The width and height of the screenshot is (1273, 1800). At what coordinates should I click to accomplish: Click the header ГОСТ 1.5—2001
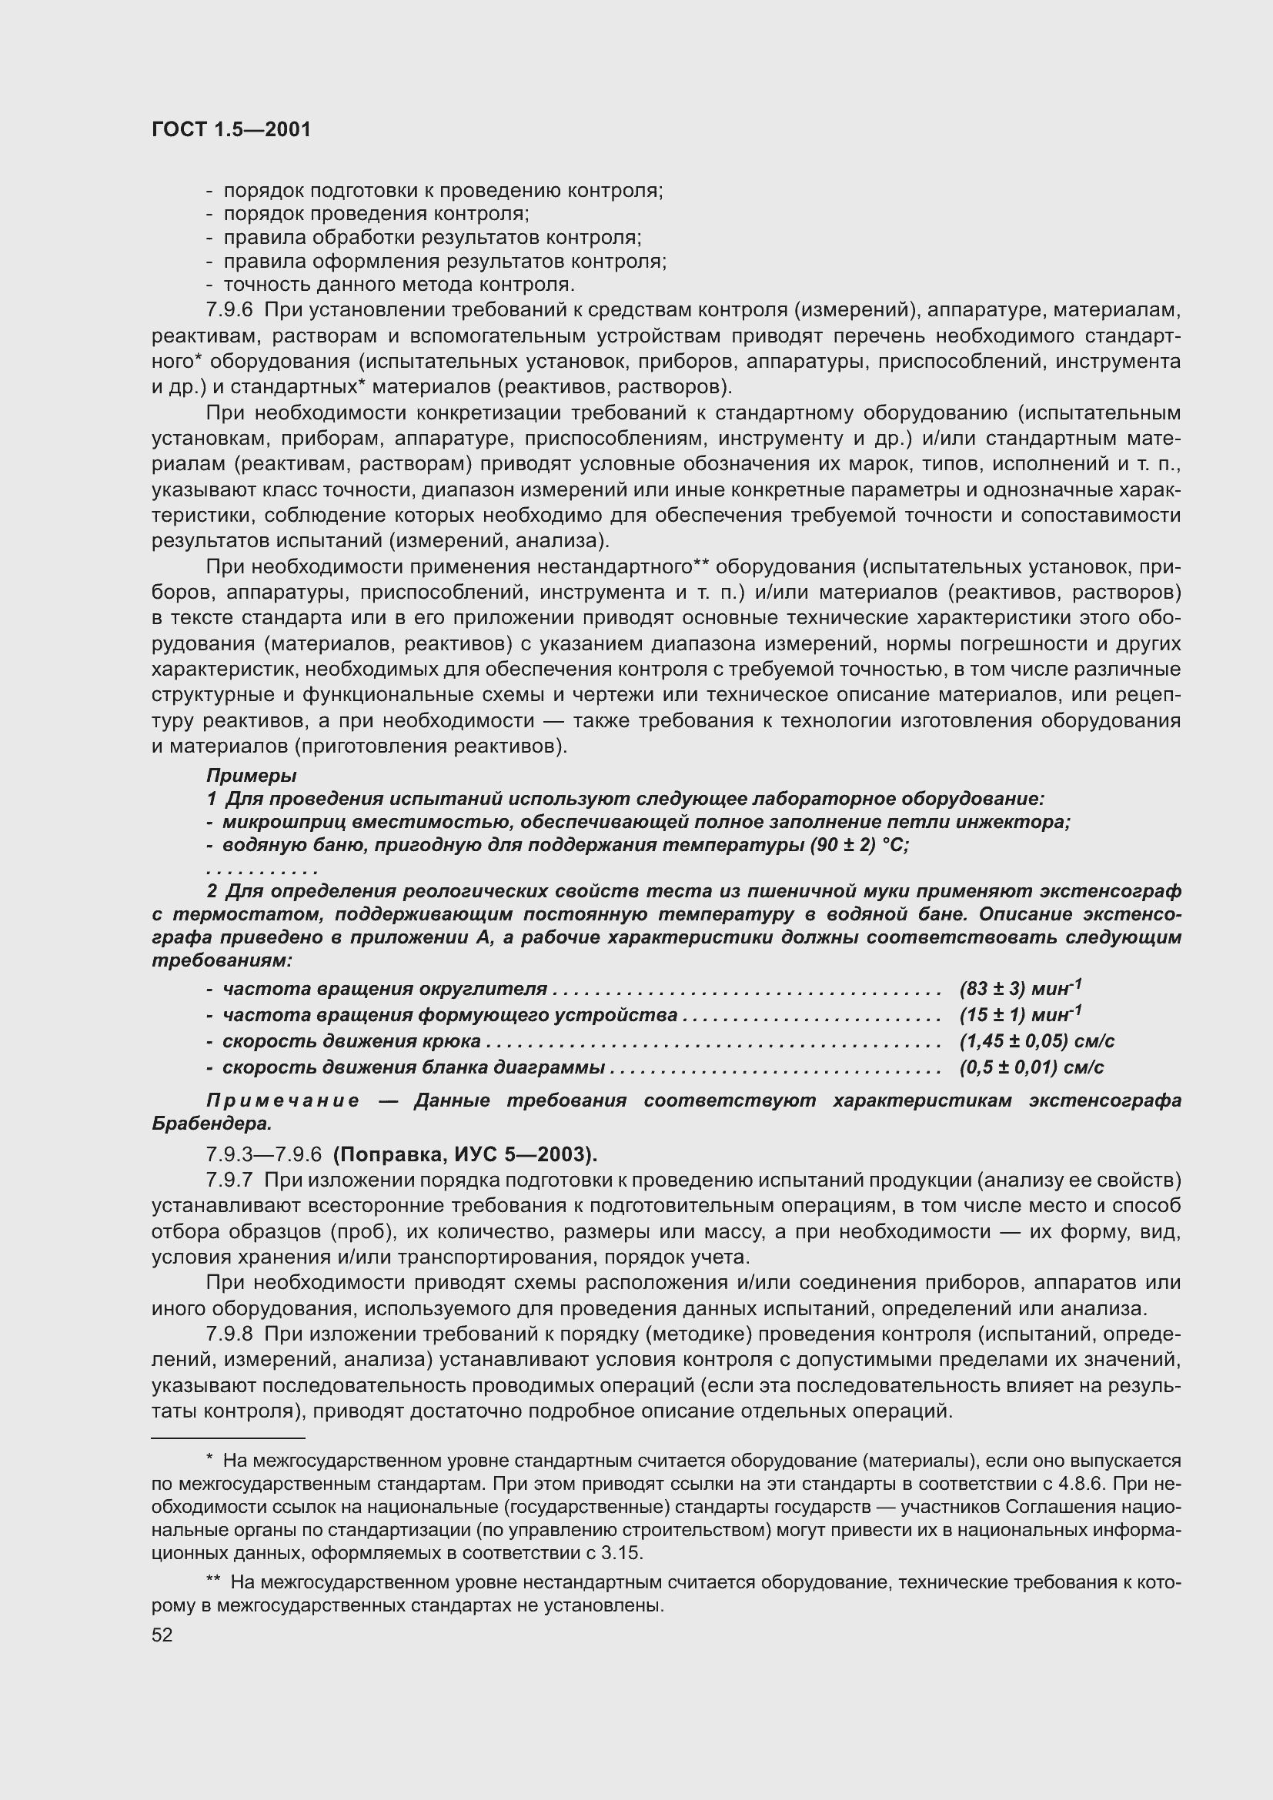(231, 129)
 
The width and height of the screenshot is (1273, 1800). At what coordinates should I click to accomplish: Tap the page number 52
(162, 1635)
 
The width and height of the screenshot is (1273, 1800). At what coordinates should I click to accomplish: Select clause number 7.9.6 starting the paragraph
(229, 310)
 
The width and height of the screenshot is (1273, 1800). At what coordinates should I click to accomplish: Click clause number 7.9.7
(229, 1180)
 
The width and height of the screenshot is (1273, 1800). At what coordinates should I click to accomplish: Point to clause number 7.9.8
(229, 1334)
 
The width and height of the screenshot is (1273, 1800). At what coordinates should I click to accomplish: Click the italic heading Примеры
(251, 776)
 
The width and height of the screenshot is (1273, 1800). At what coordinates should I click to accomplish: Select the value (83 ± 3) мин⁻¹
(1020, 989)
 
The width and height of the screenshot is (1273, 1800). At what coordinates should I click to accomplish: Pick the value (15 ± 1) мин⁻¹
(1020, 1014)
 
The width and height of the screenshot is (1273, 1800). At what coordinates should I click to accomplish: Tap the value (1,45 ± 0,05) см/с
(1036, 1041)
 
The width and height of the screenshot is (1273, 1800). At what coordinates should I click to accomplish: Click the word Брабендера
(211, 1124)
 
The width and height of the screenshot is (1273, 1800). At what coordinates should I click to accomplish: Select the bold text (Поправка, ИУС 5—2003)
(465, 1154)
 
